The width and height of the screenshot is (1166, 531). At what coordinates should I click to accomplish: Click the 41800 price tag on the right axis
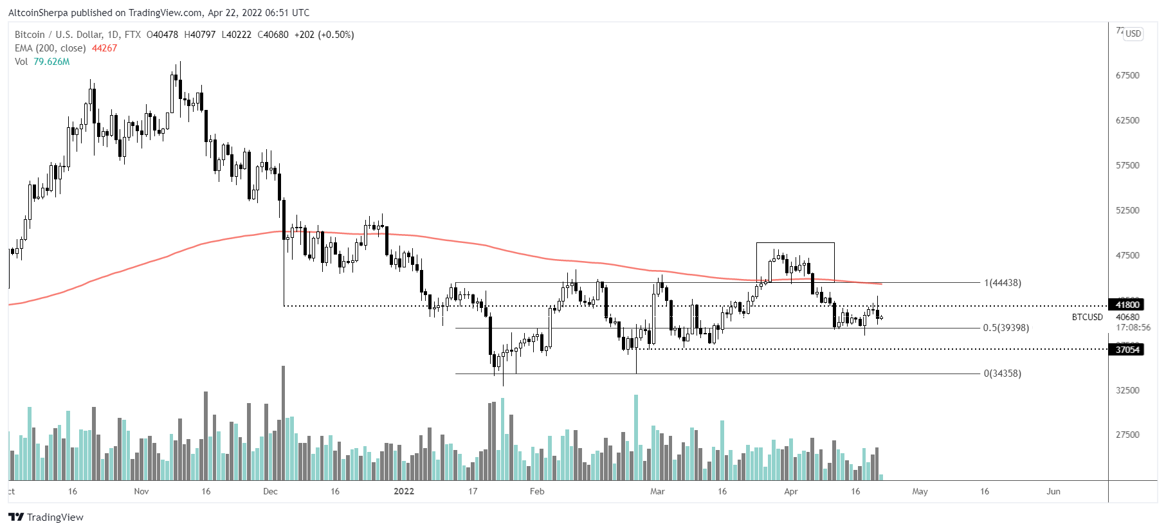(x=1127, y=305)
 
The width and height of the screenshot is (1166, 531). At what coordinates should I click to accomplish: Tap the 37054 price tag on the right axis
(x=1127, y=350)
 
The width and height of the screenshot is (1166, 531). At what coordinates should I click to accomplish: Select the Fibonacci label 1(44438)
(x=1003, y=283)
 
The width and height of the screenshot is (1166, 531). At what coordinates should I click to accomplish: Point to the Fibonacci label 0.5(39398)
(x=1006, y=328)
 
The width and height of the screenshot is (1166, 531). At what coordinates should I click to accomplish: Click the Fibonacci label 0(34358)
(x=1003, y=373)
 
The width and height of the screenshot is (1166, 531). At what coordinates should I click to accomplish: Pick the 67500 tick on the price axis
(x=1127, y=75)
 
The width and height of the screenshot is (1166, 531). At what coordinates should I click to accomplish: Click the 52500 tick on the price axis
(x=1127, y=210)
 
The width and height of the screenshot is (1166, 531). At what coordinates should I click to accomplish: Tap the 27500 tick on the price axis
(x=1127, y=435)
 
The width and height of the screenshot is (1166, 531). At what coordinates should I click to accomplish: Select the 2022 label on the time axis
(x=404, y=491)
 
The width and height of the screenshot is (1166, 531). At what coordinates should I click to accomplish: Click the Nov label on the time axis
(x=141, y=491)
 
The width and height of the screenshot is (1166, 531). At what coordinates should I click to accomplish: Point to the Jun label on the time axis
(x=1053, y=491)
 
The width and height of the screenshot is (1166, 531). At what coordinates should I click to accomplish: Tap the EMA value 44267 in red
(x=104, y=48)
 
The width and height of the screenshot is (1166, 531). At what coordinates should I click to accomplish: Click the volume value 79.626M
(x=51, y=62)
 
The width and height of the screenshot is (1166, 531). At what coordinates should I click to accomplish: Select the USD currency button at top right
(x=1133, y=33)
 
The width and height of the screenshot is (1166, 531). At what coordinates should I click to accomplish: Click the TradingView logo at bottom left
(x=46, y=517)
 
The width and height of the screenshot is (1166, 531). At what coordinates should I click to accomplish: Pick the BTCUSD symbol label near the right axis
(x=1087, y=317)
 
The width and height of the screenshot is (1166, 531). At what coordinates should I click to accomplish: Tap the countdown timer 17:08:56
(x=1133, y=327)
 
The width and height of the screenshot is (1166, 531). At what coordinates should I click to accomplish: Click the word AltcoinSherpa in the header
(x=38, y=12)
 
